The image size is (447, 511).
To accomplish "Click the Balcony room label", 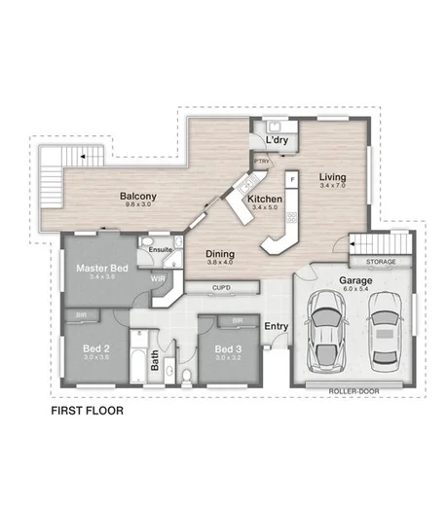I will point(139,197).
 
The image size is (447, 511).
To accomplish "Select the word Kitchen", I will point(264,199).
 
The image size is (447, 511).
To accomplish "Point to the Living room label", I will point(333,177).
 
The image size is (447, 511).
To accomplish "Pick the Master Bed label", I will point(102,269).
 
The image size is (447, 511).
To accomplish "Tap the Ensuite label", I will point(161,250).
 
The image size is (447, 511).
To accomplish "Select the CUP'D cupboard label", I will point(221,288).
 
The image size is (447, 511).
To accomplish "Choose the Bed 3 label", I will point(227,348).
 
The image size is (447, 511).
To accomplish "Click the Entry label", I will point(277,327).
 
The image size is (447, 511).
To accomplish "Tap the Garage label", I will point(354,280).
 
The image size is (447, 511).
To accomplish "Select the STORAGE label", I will point(380,263).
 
